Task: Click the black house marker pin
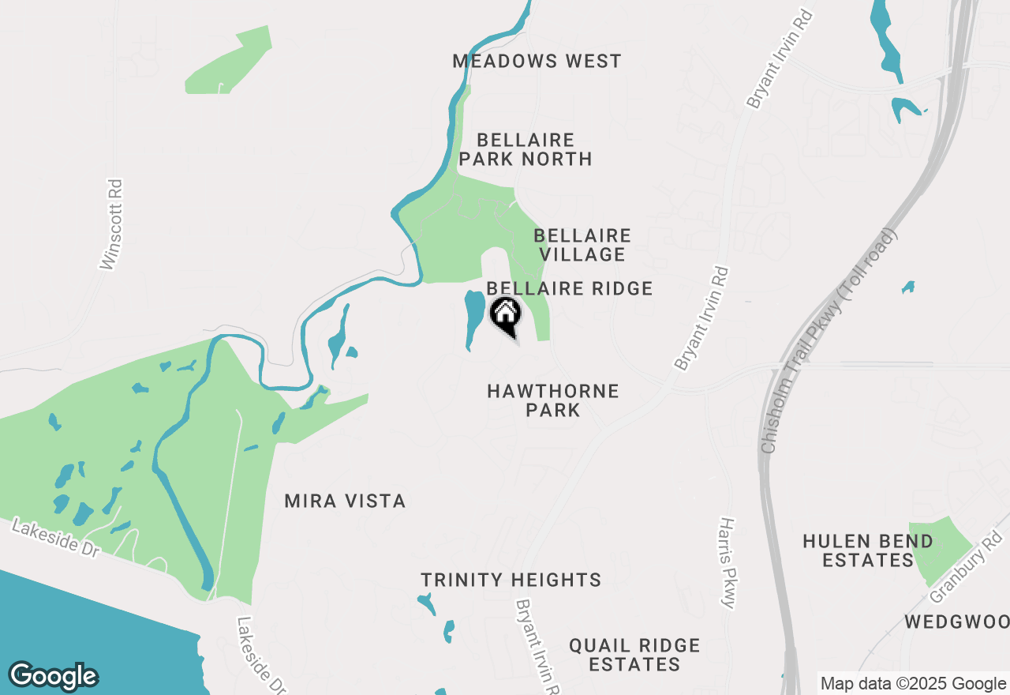506,315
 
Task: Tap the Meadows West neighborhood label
537,61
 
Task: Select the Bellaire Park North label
526,149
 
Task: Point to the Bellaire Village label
582,245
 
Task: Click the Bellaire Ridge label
570,288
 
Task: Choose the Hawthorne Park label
553,400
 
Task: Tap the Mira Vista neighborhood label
345,501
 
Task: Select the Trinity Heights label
511,580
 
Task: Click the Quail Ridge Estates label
634,655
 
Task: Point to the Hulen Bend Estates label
868,550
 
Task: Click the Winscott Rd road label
113,225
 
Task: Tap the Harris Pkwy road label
728,563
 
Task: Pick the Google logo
53,676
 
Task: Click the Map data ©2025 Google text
913,684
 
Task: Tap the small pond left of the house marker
473,318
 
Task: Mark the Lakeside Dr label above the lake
55,539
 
